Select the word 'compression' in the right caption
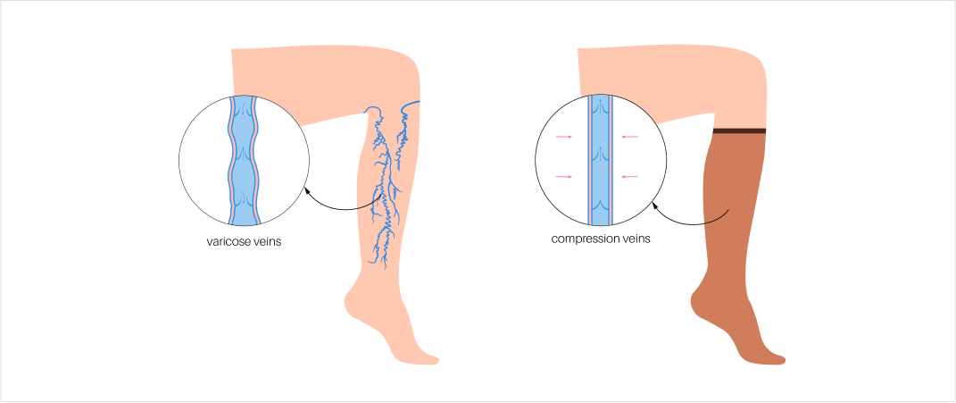point(584,239)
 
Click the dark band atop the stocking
point(740,131)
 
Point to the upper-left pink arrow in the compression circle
point(563,137)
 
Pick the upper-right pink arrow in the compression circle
point(630,137)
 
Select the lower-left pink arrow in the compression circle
point(563,177)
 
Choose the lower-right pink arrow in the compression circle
point(630,177)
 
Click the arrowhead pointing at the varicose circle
point(307,189)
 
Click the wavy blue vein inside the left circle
point(244,161)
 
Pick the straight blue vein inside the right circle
point(600,161)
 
